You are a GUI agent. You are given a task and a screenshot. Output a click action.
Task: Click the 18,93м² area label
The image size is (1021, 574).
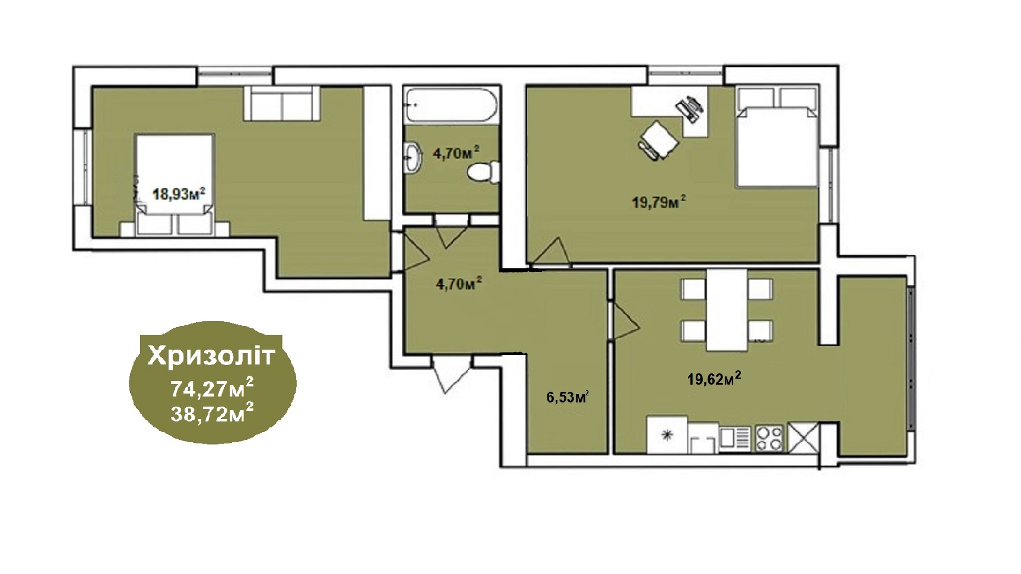[x=179, y=194]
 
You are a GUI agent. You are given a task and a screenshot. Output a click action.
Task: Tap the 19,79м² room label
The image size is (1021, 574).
[x=659, y=202]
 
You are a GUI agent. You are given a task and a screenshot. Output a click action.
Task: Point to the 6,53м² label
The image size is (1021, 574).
[x=567, y=397]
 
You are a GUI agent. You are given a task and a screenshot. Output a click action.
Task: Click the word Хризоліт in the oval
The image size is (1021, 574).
[x=212, y=356]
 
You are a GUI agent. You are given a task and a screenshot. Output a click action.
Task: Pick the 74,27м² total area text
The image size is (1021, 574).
[x=212, y=389]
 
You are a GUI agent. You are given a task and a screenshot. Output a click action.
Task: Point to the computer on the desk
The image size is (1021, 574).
[x=690, y=109]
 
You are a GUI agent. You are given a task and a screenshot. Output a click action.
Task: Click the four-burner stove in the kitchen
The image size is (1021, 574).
[x=769, y=438]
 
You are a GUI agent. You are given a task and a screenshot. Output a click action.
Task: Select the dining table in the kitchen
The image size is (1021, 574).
[x=727, y=309]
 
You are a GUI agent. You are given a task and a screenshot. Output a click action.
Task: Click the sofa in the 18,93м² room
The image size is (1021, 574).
[x=283, y=104]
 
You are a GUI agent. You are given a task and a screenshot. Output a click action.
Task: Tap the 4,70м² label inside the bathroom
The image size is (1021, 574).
[x=456, y=153]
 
